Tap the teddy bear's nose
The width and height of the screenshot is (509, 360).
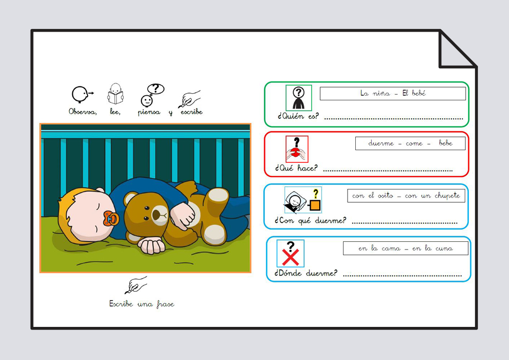156,214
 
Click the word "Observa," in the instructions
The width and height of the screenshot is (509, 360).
83,112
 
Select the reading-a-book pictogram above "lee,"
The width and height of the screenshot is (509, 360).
116,94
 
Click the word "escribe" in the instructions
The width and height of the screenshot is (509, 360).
191,112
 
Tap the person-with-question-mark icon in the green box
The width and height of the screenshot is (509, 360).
299,98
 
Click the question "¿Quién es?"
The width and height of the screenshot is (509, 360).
298,116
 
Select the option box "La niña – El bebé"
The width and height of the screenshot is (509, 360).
393,94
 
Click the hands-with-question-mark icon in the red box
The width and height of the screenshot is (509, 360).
297,149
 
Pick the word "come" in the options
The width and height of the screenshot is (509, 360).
414,144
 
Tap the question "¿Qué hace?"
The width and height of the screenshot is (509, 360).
296,168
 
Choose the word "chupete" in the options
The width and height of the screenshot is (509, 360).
447,196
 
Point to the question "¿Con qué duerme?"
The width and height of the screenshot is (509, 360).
310,221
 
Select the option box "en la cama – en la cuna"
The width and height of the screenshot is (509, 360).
406,248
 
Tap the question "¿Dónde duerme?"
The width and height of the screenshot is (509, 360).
306,273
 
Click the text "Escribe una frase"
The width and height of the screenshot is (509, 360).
142,304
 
